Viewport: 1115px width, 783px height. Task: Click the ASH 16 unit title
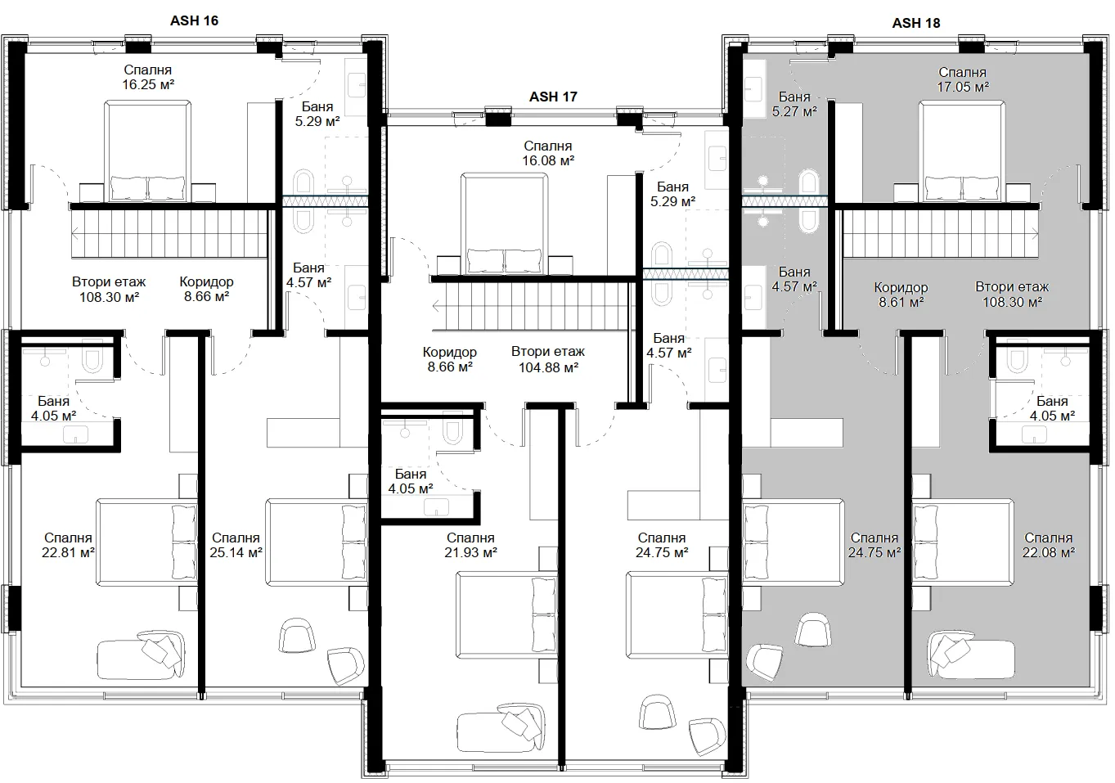[x=194, y=20]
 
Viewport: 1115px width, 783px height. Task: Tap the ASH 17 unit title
[x=553, y=97]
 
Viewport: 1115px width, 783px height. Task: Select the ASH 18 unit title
[x=916, y=23]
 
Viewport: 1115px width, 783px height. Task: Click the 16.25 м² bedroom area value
[x=148, y=84]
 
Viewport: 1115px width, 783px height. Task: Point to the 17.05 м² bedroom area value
[x=963, y=87]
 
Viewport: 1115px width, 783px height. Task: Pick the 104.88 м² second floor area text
[x=548, y=367]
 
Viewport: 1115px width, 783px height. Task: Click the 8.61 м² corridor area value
[x=901, y=302]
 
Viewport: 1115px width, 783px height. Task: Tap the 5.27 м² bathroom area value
[x=794, y=111]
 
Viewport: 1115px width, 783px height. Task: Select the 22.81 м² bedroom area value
[x=68, y=552]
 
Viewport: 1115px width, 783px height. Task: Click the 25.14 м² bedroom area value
[x=236, y=552]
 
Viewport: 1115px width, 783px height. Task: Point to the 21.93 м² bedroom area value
[x=470, y=552]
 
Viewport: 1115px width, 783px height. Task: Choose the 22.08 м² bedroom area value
[x=1048, y=552]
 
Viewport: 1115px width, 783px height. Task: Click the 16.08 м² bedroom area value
[x=548, y=161]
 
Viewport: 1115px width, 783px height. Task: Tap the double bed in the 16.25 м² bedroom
[x=147, y=151]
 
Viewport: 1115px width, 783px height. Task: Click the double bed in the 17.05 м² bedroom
[x=962, y=151]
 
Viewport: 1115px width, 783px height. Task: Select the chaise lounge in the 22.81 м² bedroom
[x=141, y=655]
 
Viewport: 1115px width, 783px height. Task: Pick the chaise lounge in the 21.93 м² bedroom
[x=501, y=727]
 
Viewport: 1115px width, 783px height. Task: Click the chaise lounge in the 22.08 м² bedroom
[x=971, y=655]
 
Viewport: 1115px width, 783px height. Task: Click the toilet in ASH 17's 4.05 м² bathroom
[x=452, y=431]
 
